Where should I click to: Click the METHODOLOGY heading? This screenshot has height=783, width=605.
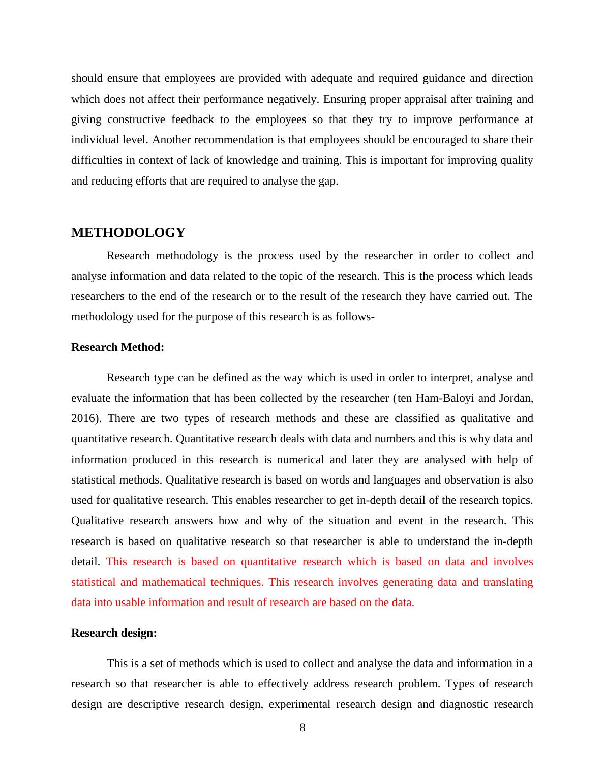[x=128, y=233]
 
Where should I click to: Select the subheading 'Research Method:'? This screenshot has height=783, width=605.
[x=117, y=347]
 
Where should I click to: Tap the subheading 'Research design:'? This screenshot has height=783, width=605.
[x=114, y=633]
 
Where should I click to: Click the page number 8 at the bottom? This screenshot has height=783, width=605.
[x=302, y=728]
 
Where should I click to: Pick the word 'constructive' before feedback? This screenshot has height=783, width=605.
[x=135, y=119]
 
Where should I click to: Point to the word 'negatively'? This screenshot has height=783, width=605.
[x=292, y=99]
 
